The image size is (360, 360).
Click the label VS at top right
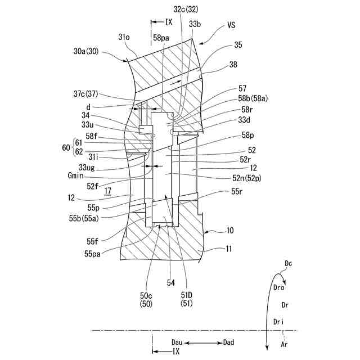[232, 25]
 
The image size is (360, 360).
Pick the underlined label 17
[108, 191]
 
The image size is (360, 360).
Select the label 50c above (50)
[146, 295]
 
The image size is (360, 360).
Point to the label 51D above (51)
[187, 295]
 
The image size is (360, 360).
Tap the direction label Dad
[229, 342]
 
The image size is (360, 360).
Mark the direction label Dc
[289, 263]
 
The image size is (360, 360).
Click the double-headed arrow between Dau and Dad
[203, 342]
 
